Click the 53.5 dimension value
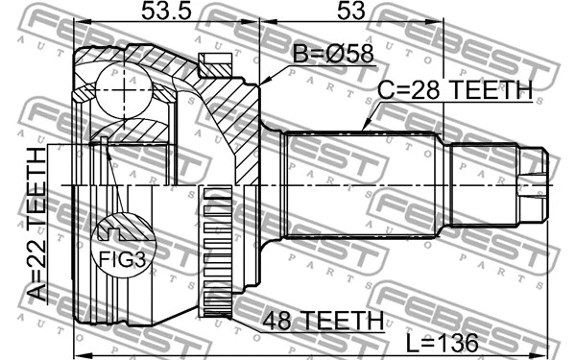(x=166, y=11)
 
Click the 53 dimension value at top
(x=351, y=11)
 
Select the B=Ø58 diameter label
(x=333, y=54)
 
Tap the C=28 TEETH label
(x=455, y=89)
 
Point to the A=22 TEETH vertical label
(x=37, y=224)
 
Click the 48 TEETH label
(x=323, y=320)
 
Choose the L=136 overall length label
(x=444, y=343)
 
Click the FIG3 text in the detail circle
(x=123, y=259)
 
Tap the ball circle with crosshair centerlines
(x=124, y=90)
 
